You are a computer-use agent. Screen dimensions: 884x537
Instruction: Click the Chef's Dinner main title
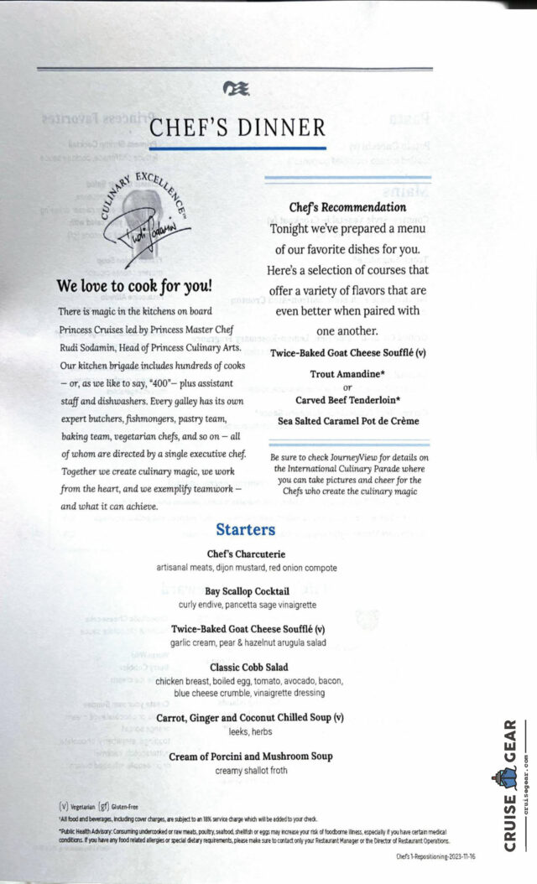(237, 127)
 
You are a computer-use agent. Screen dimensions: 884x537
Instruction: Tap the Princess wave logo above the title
(237, 87)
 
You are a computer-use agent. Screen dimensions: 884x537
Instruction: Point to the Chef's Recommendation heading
(347, 206)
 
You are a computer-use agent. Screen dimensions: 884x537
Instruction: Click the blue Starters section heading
(245, 529)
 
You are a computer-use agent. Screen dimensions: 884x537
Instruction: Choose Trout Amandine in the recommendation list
(347, 374)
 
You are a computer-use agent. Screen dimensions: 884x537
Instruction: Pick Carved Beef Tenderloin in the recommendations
(347, 400)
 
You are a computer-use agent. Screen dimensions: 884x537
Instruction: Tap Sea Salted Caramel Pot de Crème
(347, 421)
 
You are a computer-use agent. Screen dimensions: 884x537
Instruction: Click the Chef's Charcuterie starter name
(246, 554)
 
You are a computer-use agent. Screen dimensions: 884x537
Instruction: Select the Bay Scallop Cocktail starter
(247, 591)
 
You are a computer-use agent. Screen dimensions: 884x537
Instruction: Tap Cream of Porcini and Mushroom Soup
(251, 757)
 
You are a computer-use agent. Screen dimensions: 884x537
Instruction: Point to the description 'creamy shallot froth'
(251, 771)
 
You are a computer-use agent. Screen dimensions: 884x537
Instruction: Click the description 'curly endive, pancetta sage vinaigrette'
(247, 605)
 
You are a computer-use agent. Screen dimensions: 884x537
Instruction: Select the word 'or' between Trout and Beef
(347, 387)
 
